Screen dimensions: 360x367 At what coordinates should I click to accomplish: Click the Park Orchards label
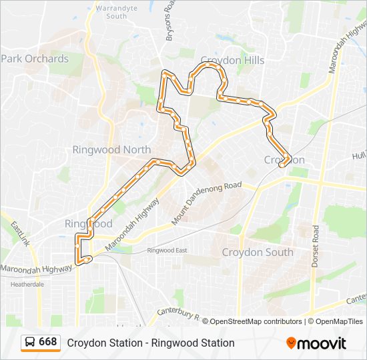(x=35, y=59)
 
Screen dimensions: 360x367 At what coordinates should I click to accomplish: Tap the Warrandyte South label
(x=111, y=11)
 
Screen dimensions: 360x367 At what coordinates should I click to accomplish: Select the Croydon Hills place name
(x=232, y=60)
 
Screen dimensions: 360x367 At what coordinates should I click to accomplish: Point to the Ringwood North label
(x=111, y=149)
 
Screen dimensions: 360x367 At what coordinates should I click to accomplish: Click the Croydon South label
(x=257, y=252)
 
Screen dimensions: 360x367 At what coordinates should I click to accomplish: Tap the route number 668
(x=47, y=342)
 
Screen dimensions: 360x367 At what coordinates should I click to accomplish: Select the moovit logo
(x=316, y=343)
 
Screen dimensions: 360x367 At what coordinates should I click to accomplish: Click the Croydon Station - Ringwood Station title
(x=150, y=343)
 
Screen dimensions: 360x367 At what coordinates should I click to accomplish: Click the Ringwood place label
(x=88, y=223)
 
